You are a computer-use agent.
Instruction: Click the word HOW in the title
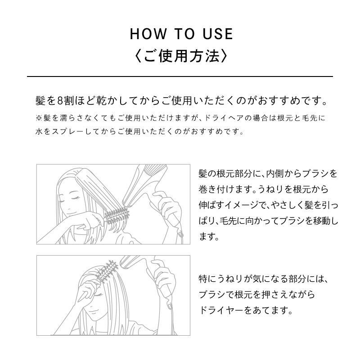[148, 34]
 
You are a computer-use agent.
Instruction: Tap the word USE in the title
[218, 34]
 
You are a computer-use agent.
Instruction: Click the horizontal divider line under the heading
[180, 76]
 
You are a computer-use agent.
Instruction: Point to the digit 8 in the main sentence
[60, 101]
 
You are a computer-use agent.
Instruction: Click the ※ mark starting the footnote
[39, 118]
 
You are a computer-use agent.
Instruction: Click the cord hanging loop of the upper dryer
[180, 234]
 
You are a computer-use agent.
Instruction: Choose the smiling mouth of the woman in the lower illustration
[94, 311]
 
